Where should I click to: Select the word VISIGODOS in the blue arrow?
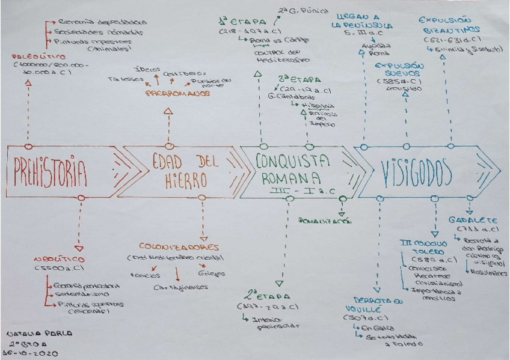point(416,172)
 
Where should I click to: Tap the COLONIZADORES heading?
point(179,247)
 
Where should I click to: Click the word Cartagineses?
point(180,287)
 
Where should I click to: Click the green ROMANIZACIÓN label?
point(325,221)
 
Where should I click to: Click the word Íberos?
point(145,69)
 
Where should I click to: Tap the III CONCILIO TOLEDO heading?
point(423,246)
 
